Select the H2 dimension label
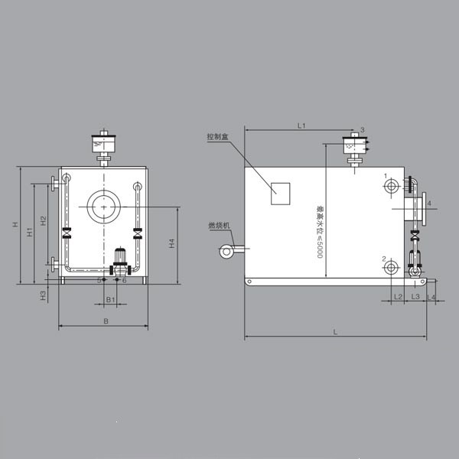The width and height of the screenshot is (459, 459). pos(44,220)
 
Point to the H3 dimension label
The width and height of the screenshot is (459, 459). pos(44,295)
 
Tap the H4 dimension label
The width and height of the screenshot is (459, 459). pos(172,244)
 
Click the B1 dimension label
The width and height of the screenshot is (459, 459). pos(110,299)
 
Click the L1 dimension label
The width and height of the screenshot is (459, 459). pos(301,124)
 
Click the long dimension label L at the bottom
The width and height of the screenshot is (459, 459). pos(335,331)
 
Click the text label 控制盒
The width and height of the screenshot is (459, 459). pos(218,137)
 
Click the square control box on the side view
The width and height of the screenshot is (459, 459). pos(281,194)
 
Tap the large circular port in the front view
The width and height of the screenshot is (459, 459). pos(103,205)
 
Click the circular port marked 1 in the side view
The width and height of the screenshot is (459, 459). pos(392,186)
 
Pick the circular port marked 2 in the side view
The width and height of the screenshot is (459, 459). pos(392,267)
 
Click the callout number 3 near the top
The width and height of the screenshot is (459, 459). pos(363,129)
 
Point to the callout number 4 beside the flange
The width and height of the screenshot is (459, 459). pos(430,203)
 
